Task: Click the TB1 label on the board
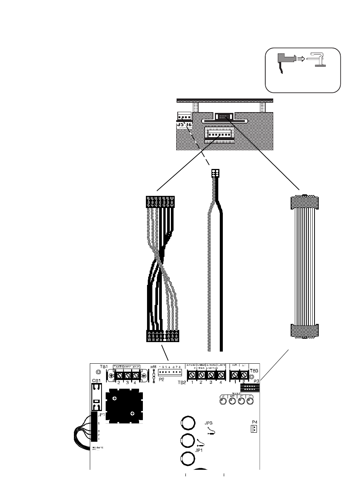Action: [x=103, y=367]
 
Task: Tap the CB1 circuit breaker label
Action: [x=95, y=380]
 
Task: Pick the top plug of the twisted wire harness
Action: [x=160, y=201]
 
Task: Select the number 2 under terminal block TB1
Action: [x=119, y=383]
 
